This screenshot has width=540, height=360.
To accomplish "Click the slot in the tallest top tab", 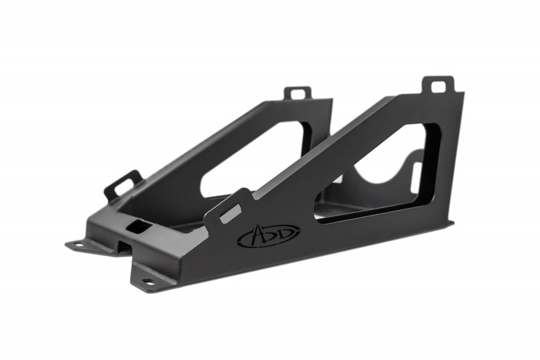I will coord(438,86).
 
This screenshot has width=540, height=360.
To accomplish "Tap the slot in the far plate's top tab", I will coord(298,92).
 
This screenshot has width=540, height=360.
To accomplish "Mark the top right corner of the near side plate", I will coord(463,94).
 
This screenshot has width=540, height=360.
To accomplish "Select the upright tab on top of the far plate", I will coord(298,93).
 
